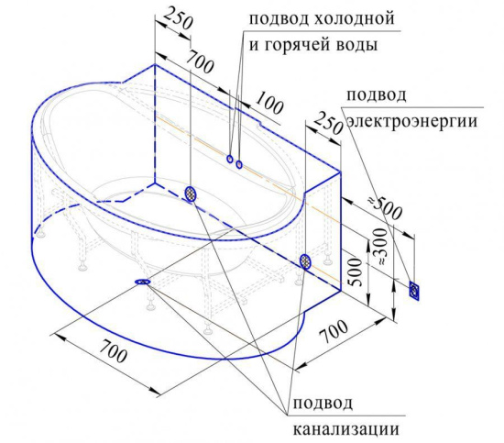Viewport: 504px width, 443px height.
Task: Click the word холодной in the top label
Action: point(353,19)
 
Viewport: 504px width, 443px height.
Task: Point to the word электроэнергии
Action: point(412,122)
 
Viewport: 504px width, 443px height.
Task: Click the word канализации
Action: point(345,428)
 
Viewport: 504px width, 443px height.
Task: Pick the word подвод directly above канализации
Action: point(323,403)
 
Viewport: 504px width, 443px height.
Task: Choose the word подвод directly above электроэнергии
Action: point(377,95)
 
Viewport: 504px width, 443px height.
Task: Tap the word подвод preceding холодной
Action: point(279,19)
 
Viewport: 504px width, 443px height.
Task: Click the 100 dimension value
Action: point(269,103)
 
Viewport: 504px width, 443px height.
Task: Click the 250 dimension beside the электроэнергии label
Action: point(327,123)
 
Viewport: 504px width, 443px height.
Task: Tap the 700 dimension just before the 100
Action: point(200,61)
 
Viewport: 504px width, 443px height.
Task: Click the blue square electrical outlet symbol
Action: point(414,291)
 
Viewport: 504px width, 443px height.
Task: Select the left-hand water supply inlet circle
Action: point(229,159)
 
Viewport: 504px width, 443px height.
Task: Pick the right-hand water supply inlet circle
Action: point(239,164)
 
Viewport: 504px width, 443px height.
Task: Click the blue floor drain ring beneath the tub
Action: point(143,282)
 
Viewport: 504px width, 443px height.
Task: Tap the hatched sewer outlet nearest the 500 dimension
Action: point(305,261)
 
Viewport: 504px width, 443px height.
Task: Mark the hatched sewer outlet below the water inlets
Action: point(191,194)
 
